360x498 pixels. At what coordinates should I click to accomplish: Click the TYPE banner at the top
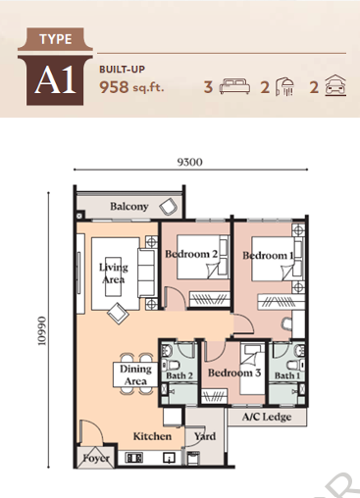click(x=55, y=40)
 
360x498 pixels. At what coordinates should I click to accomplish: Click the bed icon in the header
click(x=235, y=86)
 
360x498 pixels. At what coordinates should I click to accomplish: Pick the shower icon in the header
click(x=283, y=86)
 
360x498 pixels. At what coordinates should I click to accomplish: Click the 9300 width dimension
click(x=189, y=163)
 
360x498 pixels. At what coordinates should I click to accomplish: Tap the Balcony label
click(x=129, y=207)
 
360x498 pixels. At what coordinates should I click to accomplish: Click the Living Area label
click(x=114, y=272)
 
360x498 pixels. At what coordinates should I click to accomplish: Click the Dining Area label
click(x=135, y=374)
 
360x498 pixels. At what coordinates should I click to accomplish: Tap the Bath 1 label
click(x=286, y=376)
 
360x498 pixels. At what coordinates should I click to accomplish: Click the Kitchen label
click(x=153, y=436)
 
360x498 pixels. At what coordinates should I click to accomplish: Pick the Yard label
click(x=204, y=436)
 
